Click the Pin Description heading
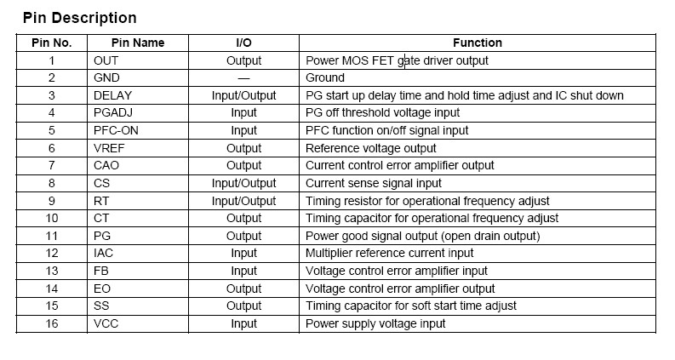pyautogui.click(x=79, y=18)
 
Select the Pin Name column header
pyautogui.click(x=137, y=43)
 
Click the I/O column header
pyautogui.click(x=243, y=43)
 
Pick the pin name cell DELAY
pyautogui.click(x=112, y=95)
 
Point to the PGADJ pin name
pyautogui.click(x=114, y=113)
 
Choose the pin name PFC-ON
pyautogui.click(x=117, y=130)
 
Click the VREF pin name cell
pyautogui.click(x=110, y=148)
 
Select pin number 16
pyautogui.click(x=51, y=323)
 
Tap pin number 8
pyautogui.click(x=51, y=183)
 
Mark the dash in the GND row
pyautogui.click(x=243, y=78)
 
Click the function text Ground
pyautogui.click(x=325, y=78)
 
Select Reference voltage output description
pyautogui.click(x=370, y=148)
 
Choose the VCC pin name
pyautogui.click(x=107, y=323)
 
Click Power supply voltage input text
pyautogui.click(x=375, y=323)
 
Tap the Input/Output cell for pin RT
pyautogui.click(x=243, y=201)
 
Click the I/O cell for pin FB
pyautogui.click(x=243, y=271)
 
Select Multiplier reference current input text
pyautogui.click(x=389, y=253)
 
